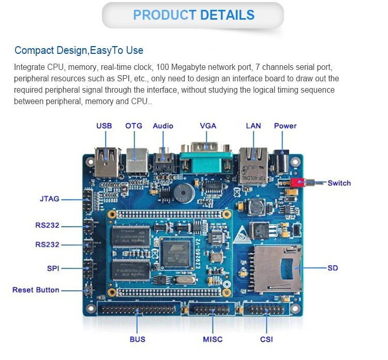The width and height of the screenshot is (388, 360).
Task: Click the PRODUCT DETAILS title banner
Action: point(193,15)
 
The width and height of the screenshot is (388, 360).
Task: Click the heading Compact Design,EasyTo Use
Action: point(79,50)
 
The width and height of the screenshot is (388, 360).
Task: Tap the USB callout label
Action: point(104,126)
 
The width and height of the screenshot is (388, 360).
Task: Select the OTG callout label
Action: point(133,126)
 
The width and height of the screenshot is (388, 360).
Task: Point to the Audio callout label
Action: point(163,126)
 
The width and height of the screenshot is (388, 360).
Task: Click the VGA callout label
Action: point(208,126)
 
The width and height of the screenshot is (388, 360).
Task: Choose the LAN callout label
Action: point(253,126)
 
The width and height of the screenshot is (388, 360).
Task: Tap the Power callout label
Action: point(285,126)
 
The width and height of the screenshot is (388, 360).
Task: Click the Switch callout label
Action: point(339,183)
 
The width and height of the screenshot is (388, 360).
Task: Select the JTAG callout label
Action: point(50,198)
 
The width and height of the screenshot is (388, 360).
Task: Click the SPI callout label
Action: point(53,268)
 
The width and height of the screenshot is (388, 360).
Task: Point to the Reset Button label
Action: point(36,290)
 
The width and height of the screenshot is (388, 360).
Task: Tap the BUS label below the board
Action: point(138,339)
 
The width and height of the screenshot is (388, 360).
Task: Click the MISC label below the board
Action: point(213,339)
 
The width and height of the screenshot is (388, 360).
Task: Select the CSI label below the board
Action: point(266,339)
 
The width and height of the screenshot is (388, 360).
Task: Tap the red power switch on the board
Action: point(297,183)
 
